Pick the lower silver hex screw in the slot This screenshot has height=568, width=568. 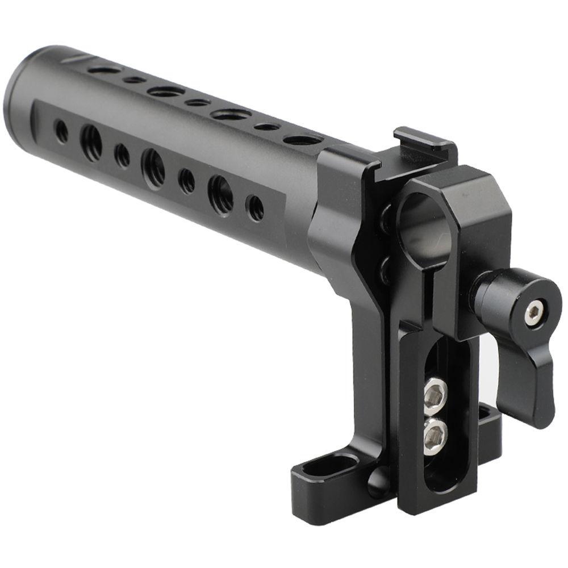click(436, 435)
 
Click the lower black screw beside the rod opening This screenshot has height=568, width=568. click(386, 267)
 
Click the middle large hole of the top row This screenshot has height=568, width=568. click(166, 91)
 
